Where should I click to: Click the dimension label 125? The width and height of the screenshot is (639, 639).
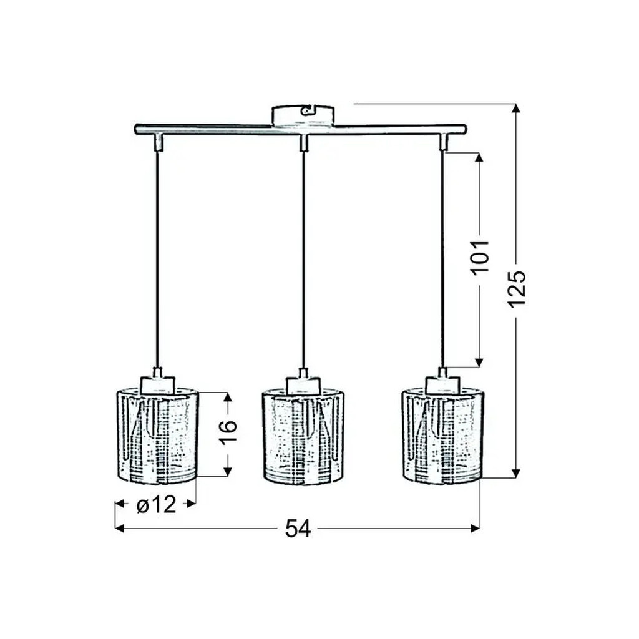[x=517, y=288]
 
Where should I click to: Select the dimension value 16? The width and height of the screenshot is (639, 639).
[x=227, y=432]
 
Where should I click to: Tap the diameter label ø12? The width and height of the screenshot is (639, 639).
[x=156, y=504]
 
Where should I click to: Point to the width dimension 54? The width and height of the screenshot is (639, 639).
[x=298, y=529]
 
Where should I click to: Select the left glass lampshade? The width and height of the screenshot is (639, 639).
[x=157, y=436]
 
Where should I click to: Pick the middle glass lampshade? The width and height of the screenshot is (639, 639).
[x=303, y=436]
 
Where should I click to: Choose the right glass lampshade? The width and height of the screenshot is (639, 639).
[x=442, y=436]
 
